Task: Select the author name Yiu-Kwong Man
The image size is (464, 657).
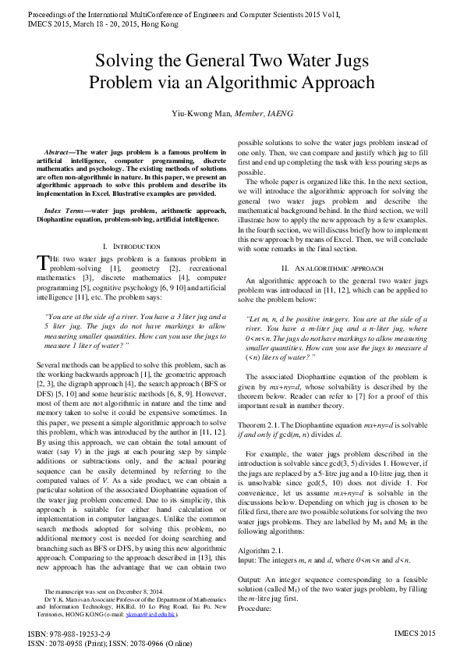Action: [x=201, y=114]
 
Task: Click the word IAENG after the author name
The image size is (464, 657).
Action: [x=278, y=114]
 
